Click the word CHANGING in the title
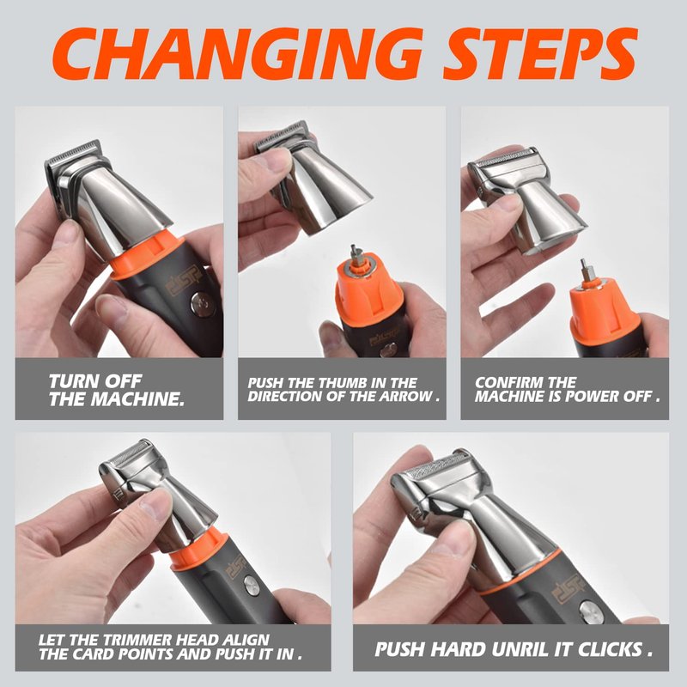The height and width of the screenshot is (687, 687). point(237,54)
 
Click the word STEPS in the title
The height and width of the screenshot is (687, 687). point(540,54)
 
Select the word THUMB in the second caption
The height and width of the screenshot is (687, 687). point(343,383)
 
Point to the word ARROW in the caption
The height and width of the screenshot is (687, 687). point(405,397)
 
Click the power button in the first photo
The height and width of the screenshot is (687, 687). point(202,304)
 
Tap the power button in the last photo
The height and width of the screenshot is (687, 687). point(591,612)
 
